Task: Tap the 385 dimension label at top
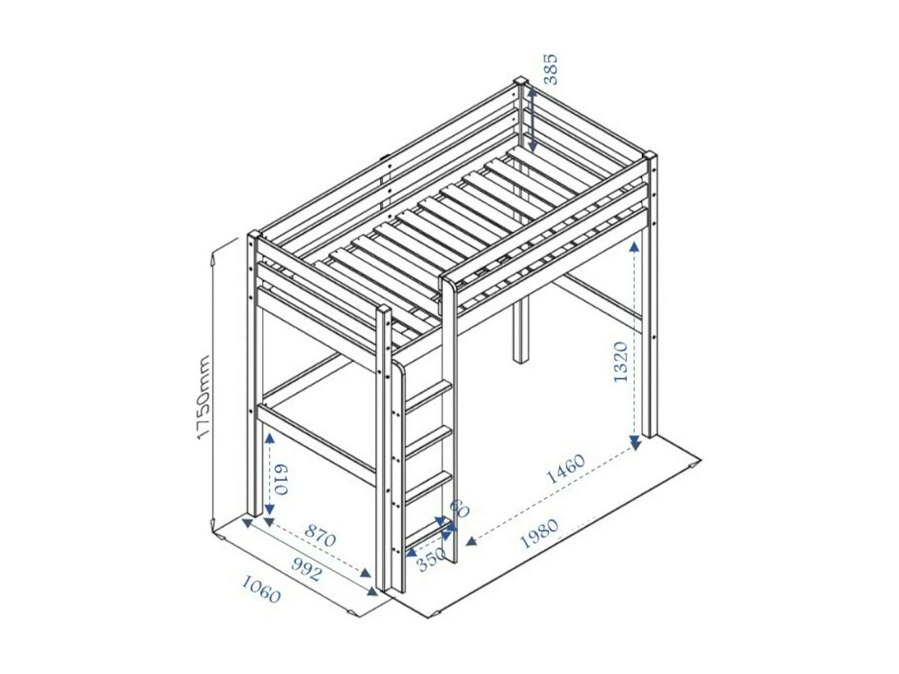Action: [550, 69]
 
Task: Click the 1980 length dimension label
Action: [539, 533]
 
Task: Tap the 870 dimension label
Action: [320, 535]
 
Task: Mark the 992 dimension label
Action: [306, 569]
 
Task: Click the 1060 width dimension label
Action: [261, 589]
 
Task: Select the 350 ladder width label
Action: [431, 561]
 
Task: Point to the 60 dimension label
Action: [460, 509]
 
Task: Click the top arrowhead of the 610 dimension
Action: [269, 439]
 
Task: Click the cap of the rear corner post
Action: [520, 81]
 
